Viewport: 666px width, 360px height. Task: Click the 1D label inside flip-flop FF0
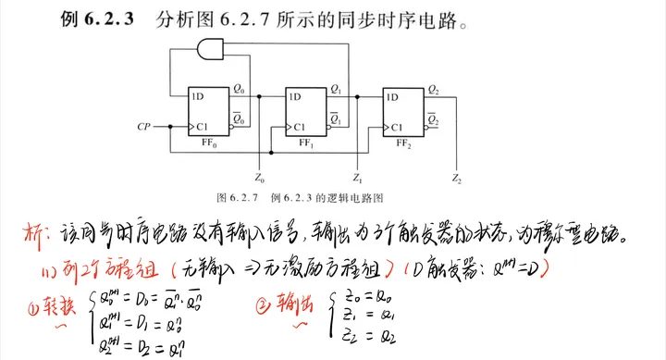(198, 95)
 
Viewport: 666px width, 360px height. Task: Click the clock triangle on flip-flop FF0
(191, 126)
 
